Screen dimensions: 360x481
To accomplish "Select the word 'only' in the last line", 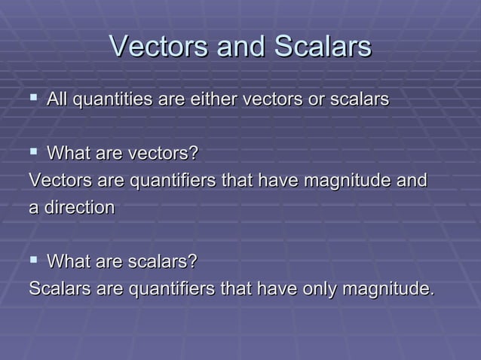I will (320, 288).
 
